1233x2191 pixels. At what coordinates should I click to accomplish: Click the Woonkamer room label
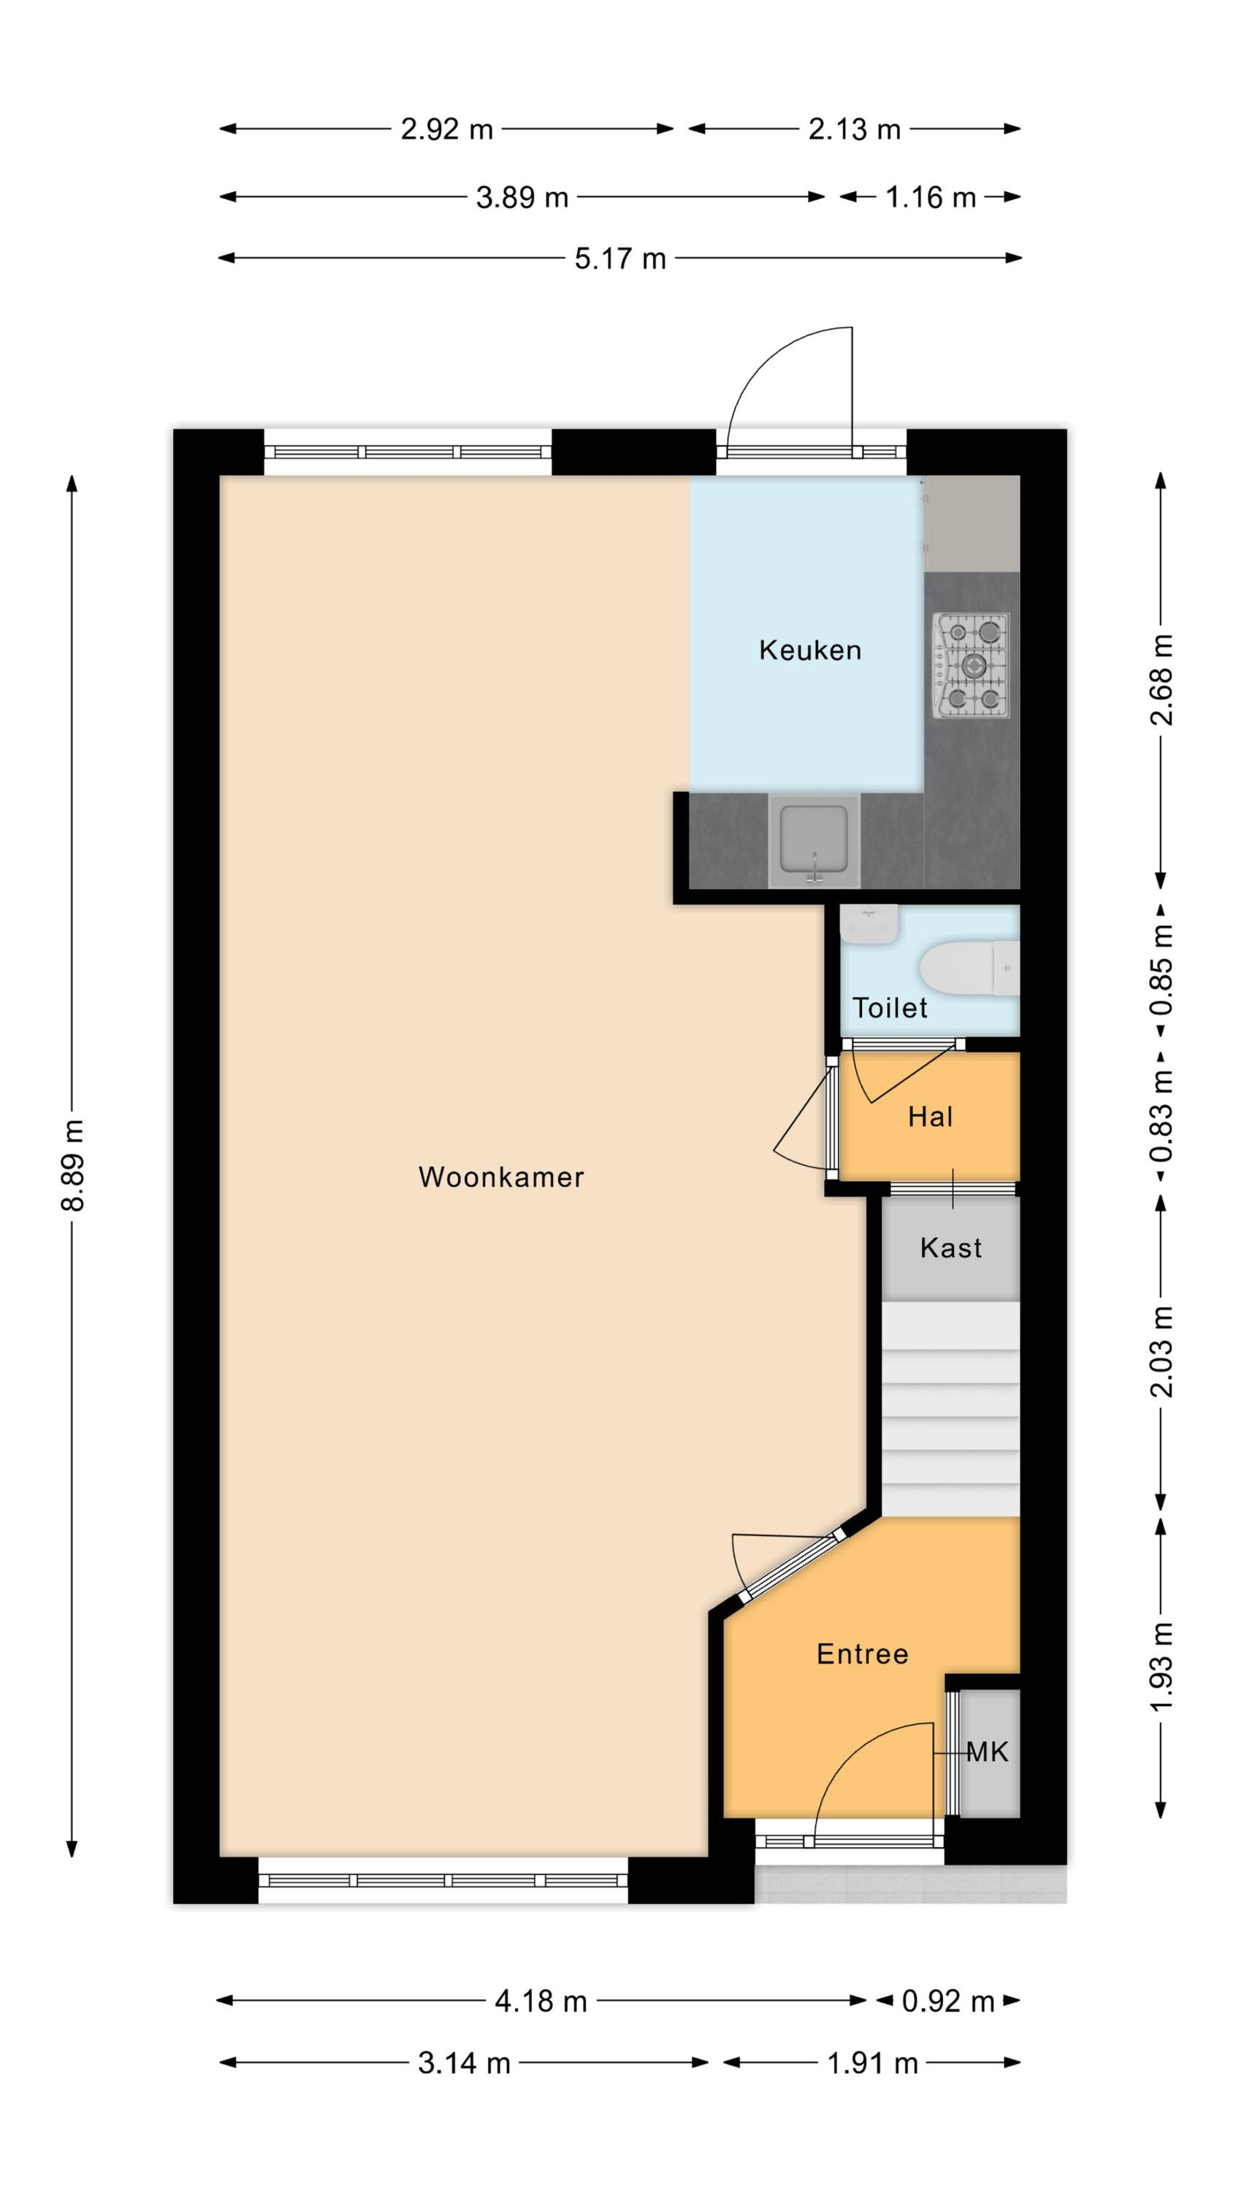click(500, 1177)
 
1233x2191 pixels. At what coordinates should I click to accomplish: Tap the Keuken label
click(809, 651)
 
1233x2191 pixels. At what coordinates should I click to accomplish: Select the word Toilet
click(889, 1008)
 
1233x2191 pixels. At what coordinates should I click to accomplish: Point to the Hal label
click(930, 1117)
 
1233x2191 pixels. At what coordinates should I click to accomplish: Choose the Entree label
click(862, 1653)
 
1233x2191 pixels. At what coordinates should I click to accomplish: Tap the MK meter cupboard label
click(987, 1751)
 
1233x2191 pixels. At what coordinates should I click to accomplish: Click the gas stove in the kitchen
click(971, 665)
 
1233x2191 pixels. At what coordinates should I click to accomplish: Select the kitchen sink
click(814, 841)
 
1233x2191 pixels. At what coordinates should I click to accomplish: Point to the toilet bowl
click(969, 968)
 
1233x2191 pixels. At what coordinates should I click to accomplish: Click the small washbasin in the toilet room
click(869, 925)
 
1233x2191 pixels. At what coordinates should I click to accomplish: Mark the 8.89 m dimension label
click(73, 1165)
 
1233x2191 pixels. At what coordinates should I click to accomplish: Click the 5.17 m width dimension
click(619, 259)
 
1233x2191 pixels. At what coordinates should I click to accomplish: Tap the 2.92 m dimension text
click(447, 129)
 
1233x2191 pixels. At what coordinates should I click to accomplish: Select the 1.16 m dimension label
click(930, 197)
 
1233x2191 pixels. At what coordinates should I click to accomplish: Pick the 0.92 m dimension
click(948, 2001)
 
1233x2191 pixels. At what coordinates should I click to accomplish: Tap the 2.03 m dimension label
click(1161, 1352)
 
